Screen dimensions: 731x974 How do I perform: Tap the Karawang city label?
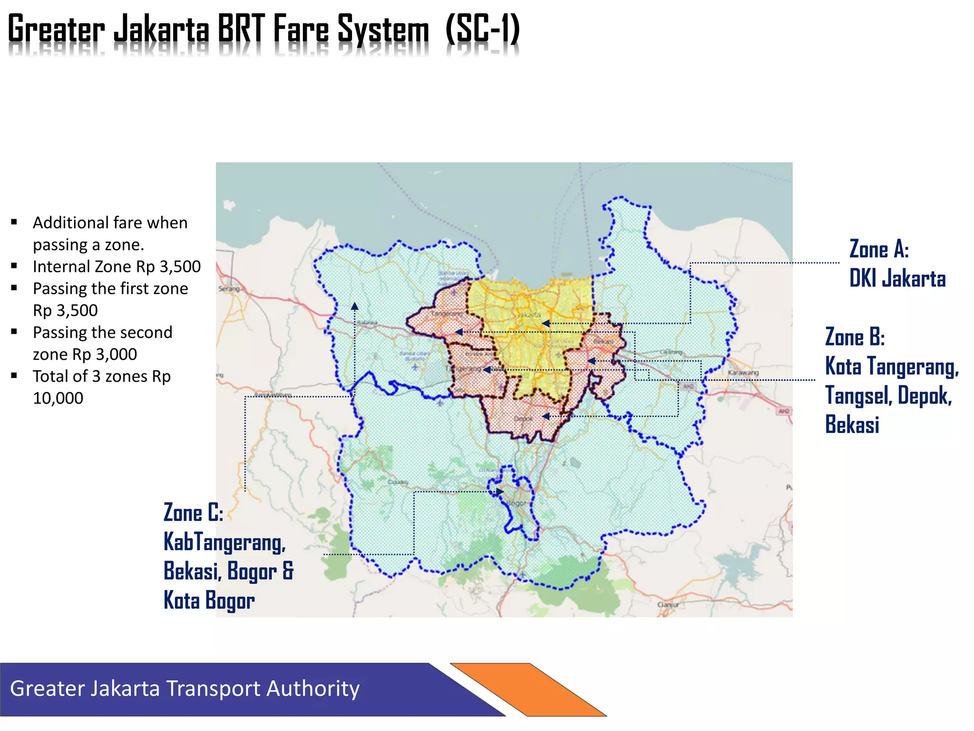(x=743, y=372)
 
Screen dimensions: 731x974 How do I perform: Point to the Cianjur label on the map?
(x=668, y=604)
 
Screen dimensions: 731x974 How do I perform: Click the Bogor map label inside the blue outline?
(x=517, y=503)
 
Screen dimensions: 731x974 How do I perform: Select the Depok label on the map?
(x=523, y=419)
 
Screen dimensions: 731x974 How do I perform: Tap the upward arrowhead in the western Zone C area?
(x=355, y=306)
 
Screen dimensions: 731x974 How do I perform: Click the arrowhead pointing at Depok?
(x=546, y=416)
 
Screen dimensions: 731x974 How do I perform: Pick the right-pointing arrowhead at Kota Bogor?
(x=500, y=491)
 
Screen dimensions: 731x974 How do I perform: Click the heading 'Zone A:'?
(x=879, y=249)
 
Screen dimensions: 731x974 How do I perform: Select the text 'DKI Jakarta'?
(x=897, y=278)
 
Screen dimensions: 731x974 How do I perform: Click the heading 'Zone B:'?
(x=855, y=337)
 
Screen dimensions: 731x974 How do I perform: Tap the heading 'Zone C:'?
(x=193, y=513)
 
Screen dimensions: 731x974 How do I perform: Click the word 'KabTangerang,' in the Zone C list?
(x=224, y=542)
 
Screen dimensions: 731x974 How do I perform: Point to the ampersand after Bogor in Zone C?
(x=288, y=571)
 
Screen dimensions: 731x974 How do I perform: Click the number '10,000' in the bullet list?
(x=58, y=398)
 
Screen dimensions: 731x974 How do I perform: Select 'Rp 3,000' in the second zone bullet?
(x=117, y=354)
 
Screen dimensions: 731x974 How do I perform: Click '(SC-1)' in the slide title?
(x=483, y=30)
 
